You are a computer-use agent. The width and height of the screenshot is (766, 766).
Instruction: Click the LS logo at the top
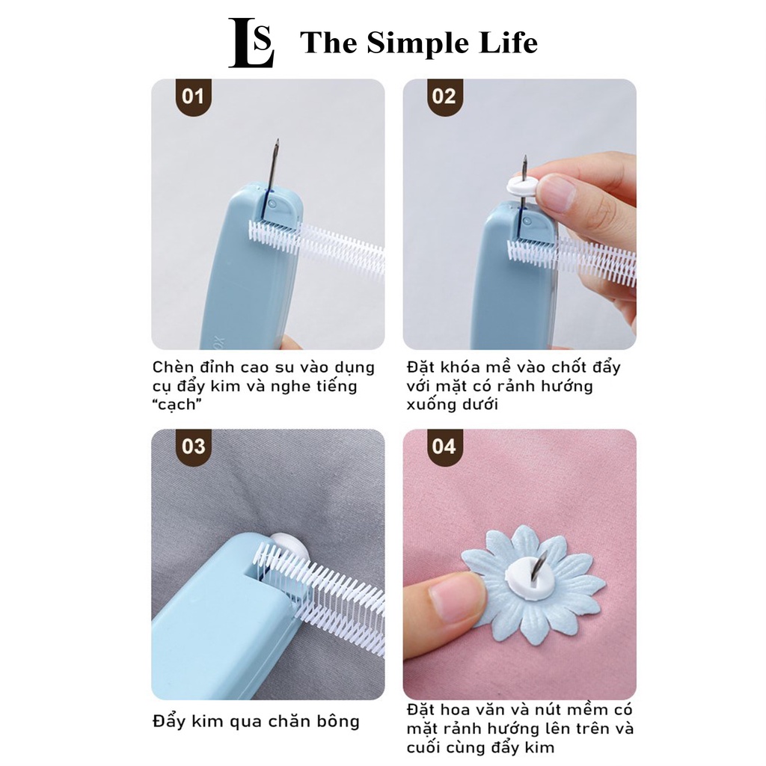pos(251,43)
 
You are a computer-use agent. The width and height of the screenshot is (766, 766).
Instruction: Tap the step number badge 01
pos(193,96)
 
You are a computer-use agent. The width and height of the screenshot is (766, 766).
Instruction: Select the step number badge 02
pos(444,96)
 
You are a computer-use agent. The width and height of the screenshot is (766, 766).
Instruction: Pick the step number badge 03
pos(193,447)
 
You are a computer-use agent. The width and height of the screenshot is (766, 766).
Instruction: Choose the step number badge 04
pos(444,447)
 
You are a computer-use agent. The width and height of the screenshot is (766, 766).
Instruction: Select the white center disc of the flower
pos(533,576)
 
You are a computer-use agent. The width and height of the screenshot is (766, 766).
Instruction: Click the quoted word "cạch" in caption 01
pos(179,405)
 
